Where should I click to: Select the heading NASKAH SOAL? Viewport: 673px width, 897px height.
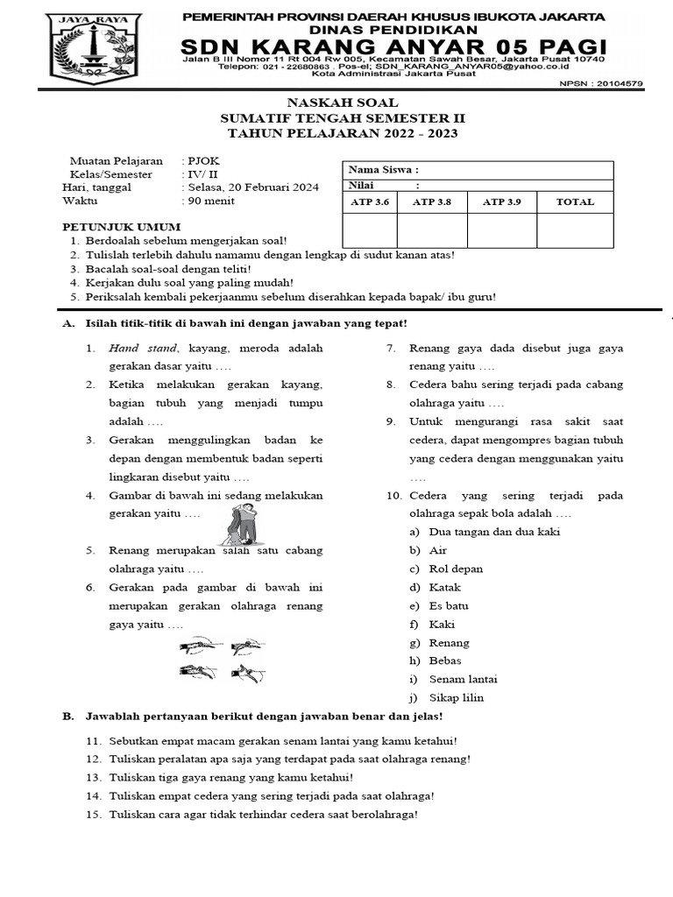(343, 102)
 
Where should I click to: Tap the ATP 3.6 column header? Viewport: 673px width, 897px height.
(369, 201)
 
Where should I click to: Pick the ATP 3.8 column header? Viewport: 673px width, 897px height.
(431, 201)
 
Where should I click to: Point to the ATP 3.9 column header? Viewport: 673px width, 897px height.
(501, 201)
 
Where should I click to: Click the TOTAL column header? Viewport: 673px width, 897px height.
(575, 201)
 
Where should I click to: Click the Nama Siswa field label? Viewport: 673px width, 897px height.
(383, 170)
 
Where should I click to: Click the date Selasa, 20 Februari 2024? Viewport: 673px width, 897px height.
(252, 187)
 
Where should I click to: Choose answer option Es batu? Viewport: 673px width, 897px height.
(449, 605)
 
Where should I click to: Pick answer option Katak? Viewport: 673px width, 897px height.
(444, 587)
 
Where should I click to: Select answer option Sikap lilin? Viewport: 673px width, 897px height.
(456, 697)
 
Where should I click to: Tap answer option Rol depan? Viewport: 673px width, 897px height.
(456, 569)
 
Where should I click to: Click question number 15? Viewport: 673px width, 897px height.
(94, 814)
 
